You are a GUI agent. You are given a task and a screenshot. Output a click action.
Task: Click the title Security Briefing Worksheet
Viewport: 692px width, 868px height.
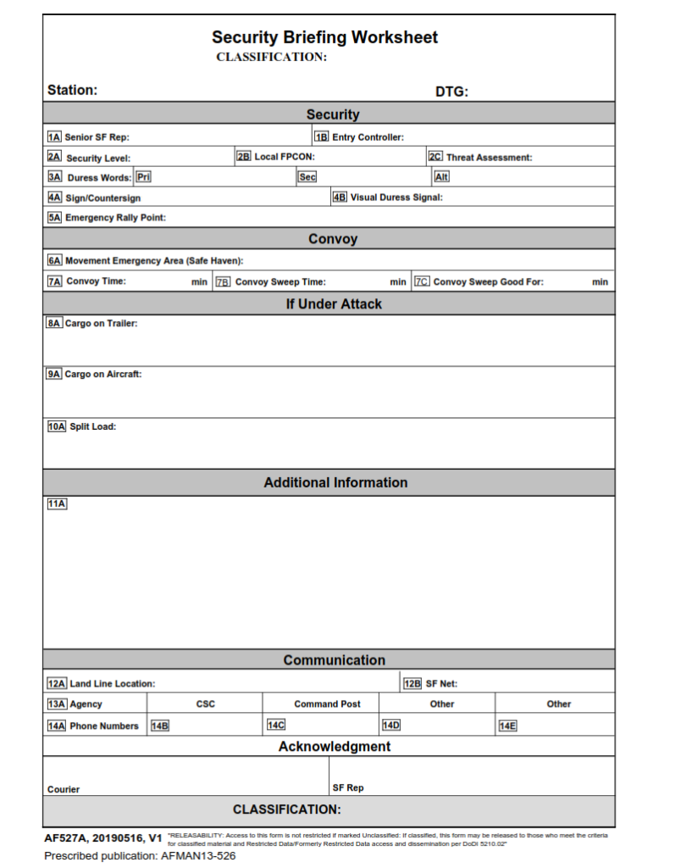tap(324, 37)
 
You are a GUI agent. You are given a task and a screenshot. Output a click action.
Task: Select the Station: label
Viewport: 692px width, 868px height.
tap(72, 91)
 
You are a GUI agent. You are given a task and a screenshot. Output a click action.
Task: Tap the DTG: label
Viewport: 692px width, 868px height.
tap(451, 92)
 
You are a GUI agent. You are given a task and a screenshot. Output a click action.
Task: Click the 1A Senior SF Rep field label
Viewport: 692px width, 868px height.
tap(89, 136)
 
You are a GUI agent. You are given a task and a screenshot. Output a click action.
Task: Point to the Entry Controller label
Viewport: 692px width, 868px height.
tap(367, 136)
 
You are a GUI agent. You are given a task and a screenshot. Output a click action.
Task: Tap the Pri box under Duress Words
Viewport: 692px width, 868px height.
tap(143, 177)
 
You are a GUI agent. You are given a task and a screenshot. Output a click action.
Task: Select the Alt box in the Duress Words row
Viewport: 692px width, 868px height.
tap(441, 177)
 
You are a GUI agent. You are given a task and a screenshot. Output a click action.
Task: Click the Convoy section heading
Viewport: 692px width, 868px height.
tap(332, 239)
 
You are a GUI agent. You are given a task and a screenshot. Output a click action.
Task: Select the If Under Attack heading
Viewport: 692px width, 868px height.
tap(333, 304)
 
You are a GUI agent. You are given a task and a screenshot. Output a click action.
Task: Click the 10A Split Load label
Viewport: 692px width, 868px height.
tap(81, 426)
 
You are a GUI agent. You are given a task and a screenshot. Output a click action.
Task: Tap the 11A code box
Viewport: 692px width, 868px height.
tap(56, 504)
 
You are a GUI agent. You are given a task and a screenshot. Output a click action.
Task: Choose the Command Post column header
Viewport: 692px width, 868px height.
tap(327, 704)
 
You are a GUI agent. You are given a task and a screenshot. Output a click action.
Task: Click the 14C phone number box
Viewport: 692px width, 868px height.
tap(275, 726)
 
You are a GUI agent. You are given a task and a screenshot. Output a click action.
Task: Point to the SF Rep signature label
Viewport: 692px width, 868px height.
tap(348, 787)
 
